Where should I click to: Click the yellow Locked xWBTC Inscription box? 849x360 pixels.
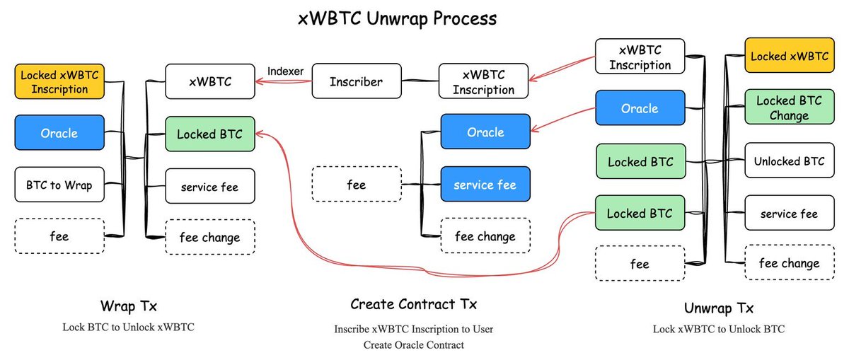(59, 81)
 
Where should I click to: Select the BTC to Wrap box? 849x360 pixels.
(59, 185)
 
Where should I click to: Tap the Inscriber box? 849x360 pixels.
(357, 81)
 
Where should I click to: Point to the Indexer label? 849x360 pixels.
(285, 71)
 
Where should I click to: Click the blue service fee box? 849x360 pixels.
(485, 184)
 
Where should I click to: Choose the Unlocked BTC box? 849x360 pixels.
(790, 161)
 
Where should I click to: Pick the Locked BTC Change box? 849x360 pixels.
(790, 108)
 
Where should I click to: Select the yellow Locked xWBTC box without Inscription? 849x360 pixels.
(790, 55)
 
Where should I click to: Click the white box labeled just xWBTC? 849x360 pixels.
(210, 81)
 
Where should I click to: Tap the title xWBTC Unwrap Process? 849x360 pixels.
(397, 19)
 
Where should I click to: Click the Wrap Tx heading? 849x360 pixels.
(129, 306)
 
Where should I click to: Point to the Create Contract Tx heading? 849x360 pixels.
(413, 304)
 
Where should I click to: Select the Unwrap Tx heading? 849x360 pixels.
(719, 308)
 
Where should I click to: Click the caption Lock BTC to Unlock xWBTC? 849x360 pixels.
(129, 327)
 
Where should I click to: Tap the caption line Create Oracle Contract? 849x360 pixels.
(413, 345)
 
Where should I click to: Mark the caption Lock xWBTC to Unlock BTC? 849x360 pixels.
(719, 329)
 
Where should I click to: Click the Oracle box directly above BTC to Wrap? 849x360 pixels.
(59, 133)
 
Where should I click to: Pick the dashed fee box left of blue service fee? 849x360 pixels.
(357, 184)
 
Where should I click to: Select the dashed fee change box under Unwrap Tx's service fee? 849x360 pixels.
(790, 262)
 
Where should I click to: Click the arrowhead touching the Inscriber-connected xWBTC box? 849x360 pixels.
(259, 81)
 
